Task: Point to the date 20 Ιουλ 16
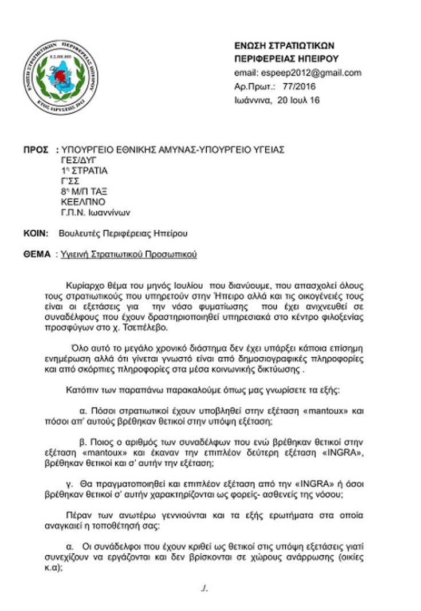(x=298, y=100)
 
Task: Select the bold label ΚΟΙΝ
(x=35, y=233)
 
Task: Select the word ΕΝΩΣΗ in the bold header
(x=250, y=45)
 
